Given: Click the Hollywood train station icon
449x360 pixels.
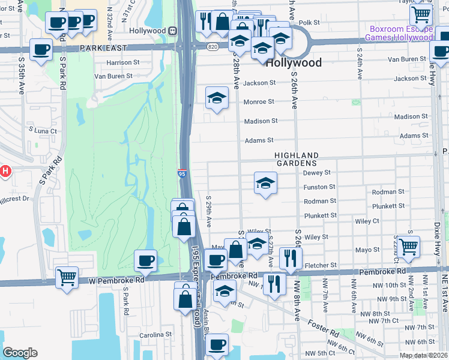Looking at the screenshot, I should pos(172,31).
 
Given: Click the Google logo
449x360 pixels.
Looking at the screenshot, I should pos(20,353).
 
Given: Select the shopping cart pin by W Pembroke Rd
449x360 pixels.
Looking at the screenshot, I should pos(67,277).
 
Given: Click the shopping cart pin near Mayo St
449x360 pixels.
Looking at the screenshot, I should pos(408,246).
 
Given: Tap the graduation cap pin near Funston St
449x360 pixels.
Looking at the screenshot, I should pos(265,184).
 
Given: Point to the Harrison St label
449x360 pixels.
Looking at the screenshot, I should pos(122,62).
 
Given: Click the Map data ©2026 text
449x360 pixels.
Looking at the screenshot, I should pos(423,355).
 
